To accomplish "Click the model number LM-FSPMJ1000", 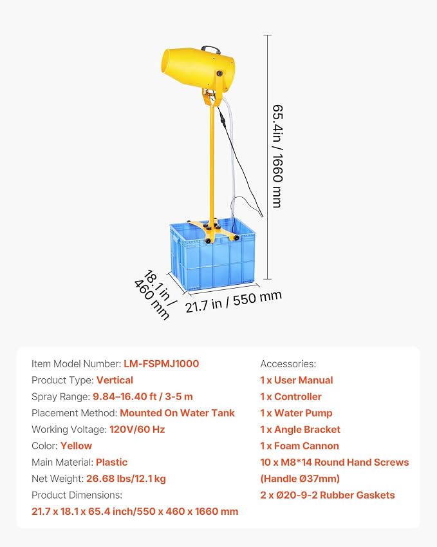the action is click(162, 364).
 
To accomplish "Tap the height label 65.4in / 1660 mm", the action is click(277, 156).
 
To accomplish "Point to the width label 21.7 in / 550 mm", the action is click(233, 302).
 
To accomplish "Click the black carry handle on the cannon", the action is click(210, 49).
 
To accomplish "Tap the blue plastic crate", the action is click(212, 254).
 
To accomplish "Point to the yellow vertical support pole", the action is click(212, 164).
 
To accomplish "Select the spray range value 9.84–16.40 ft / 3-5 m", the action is click(142, 397).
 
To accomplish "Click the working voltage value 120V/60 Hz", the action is click(137, 430).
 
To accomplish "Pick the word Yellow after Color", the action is click(76, 446).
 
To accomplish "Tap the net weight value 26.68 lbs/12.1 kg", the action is click(126, 479).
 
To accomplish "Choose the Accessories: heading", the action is click(288, 364).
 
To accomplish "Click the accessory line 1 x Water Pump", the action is click(296, 413).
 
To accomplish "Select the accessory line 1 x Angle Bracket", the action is click(300, 430).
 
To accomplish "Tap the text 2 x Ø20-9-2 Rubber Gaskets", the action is click(328, 495).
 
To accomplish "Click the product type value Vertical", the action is click(115, 380).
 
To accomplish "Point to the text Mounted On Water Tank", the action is click(177, 413).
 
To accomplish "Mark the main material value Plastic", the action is click(111, 462).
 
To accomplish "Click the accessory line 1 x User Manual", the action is click(297, 380).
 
